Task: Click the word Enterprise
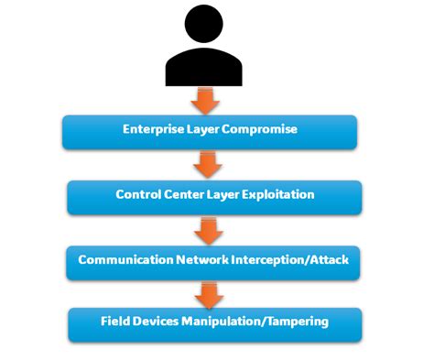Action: point(152,129)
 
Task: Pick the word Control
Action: point(138,195)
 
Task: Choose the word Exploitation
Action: point(277,195)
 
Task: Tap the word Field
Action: point(114,322)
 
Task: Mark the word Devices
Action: point(156,322)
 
